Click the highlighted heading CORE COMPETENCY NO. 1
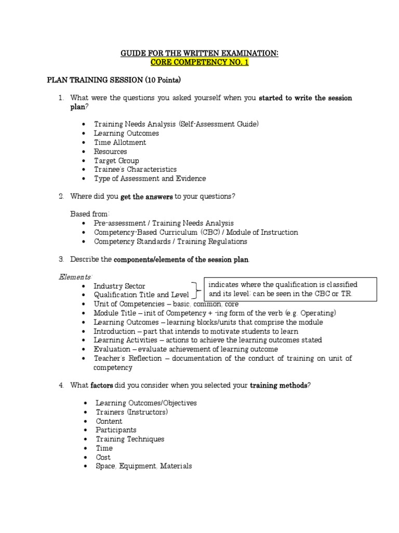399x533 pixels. coord(199,62)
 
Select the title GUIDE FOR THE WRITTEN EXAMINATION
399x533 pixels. coord(199,54)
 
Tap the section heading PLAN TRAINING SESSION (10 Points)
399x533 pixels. coord(114,80)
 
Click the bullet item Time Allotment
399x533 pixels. coord(120,142)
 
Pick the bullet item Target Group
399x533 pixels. coord(116,160)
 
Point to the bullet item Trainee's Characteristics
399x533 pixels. coord(135,169)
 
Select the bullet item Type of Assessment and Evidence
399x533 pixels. coord(150,179)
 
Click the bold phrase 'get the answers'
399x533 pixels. coord(147,196)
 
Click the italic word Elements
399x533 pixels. coord(74,277)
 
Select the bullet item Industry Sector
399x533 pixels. coord(119,286)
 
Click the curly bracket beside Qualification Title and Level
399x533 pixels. coord(196,290)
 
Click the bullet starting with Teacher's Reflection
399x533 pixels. coord(222,358)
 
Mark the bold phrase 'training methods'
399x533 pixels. coord(279,385)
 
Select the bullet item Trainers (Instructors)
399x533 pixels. coord(132,412)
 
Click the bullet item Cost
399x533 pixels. coord(103,457)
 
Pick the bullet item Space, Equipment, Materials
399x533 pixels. coord(143,466)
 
